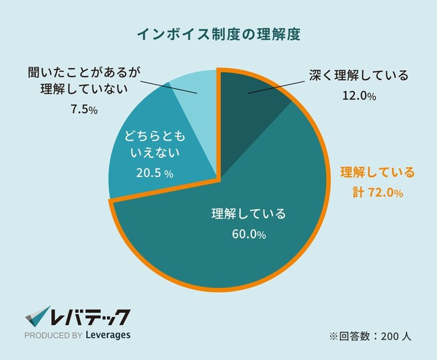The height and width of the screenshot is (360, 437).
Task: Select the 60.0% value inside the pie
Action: (248, 236)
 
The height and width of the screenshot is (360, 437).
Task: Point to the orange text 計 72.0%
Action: (377, 193)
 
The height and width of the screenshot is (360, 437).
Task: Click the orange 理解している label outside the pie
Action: (377, 171)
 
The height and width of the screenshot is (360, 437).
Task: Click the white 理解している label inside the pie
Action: (248, 215)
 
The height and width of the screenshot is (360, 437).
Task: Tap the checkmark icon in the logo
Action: (37, 317)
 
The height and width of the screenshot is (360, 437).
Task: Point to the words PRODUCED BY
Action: (52, 335)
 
